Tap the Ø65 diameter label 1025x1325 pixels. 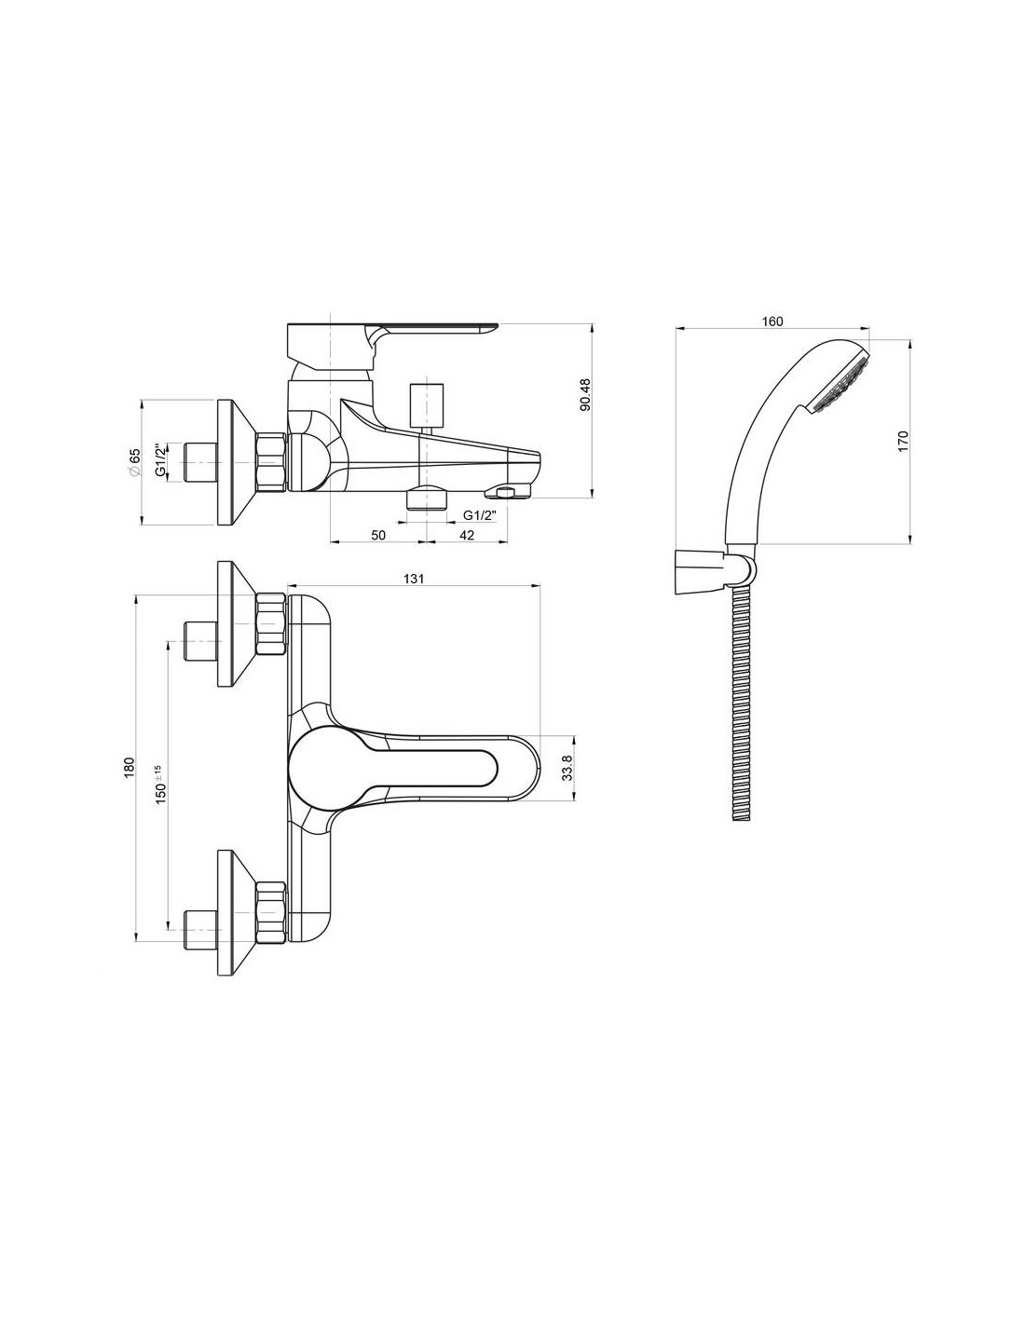click(134, 461)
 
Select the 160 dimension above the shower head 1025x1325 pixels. click(772, 321)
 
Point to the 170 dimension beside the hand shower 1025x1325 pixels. click(903, 441)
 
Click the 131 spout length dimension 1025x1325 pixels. click(414, 579)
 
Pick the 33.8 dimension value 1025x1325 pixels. click(567, 767)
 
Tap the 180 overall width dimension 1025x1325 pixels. click(128, 767)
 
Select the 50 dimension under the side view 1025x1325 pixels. click(378, 535)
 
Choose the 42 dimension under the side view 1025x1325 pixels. click(467, 535)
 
